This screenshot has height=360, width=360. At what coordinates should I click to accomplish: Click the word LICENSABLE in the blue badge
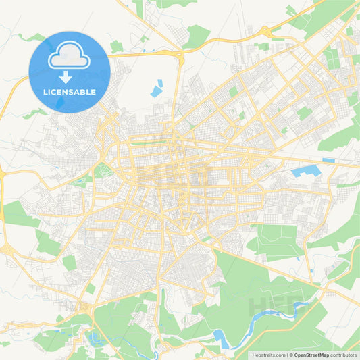click(68, 92)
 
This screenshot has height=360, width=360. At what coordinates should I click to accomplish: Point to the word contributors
click(345, 354)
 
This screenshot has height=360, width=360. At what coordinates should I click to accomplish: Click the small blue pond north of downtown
click(157, 88)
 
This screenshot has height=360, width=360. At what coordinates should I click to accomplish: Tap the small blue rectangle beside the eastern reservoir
click(328, 160)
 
